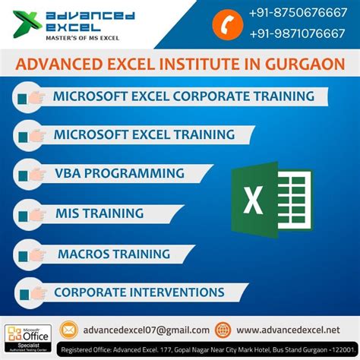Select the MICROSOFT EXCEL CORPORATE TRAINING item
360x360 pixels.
point(183,96)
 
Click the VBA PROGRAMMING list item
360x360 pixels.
point(119,173)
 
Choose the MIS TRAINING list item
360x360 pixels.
point(100,213)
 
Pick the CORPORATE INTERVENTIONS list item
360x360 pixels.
point(139,292)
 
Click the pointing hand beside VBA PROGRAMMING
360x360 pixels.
point(30,174)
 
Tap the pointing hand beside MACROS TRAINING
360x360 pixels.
point(31,253)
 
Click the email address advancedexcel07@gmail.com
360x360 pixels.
point(146,329)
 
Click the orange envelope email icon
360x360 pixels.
point(69,329)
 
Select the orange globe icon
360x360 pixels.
point(223,329)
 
